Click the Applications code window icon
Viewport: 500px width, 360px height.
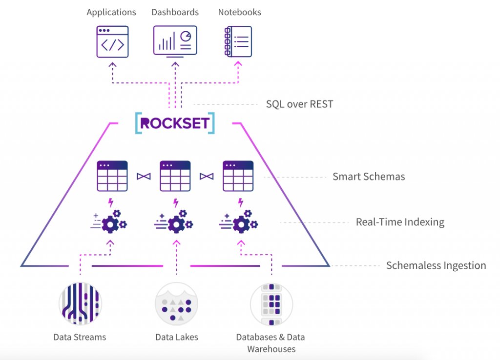coord(112,42)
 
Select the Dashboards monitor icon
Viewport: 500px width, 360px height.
coord(175,41)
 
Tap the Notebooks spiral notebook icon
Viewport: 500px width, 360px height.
coord(237,42)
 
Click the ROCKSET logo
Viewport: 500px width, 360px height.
coord(175,123)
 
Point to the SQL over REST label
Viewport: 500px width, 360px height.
coord(299,104)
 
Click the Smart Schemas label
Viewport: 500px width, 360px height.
coord(369,177)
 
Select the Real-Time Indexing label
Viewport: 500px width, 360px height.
coord(400,222)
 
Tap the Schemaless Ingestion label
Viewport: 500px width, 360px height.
coord(436,266)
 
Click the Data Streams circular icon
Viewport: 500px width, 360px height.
coord(80,303)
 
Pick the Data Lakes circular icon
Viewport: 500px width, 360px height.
coord(176,303)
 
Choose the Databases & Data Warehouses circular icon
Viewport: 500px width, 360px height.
coord(271,303)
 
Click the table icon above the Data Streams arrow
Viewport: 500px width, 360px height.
coord(112,176)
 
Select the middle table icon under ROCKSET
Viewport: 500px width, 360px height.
coord(175,176)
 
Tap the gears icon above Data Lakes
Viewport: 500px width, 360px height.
coord(176,222)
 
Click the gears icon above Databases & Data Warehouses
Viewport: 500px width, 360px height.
coord(241,222)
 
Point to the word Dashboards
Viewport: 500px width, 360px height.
coord(175,12)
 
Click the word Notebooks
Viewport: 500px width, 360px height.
coord(239,12)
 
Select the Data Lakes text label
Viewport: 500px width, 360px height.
coord(177,337)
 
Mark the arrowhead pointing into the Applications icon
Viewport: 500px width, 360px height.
coord(112,64)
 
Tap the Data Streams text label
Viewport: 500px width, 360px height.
coord(80,337)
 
